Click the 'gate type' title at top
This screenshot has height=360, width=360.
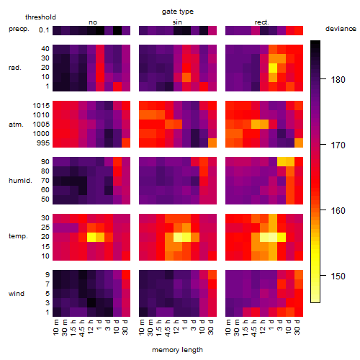tap(178, 12)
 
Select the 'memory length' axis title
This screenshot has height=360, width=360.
tap(177, 350)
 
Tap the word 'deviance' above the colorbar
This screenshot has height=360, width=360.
tap(341, 29)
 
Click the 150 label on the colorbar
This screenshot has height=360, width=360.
tap(338, 276)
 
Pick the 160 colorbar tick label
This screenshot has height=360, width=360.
tap(338, 210)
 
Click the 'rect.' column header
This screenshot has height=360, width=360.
tap(261, 22)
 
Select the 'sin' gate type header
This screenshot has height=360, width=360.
tap(177, 22)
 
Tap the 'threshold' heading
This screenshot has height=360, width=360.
tap(40, 17)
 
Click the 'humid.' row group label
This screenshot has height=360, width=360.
tap(20, 181)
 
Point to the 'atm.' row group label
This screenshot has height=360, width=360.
tap(16, 125)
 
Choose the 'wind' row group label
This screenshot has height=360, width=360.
tap(17, 294)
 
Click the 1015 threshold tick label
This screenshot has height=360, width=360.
tap(41, 106)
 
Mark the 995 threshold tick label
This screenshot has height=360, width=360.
tap(43, 143)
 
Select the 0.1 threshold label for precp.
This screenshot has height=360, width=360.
tap(44, 30)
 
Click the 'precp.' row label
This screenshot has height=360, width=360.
tap(19, 29)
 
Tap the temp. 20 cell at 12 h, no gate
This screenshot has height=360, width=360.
tap(91, 237)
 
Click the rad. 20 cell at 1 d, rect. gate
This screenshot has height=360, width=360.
tap(273, 68)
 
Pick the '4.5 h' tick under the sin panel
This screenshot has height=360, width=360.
tap(168, 328)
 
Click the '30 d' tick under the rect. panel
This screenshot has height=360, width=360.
tap(297, 327)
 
